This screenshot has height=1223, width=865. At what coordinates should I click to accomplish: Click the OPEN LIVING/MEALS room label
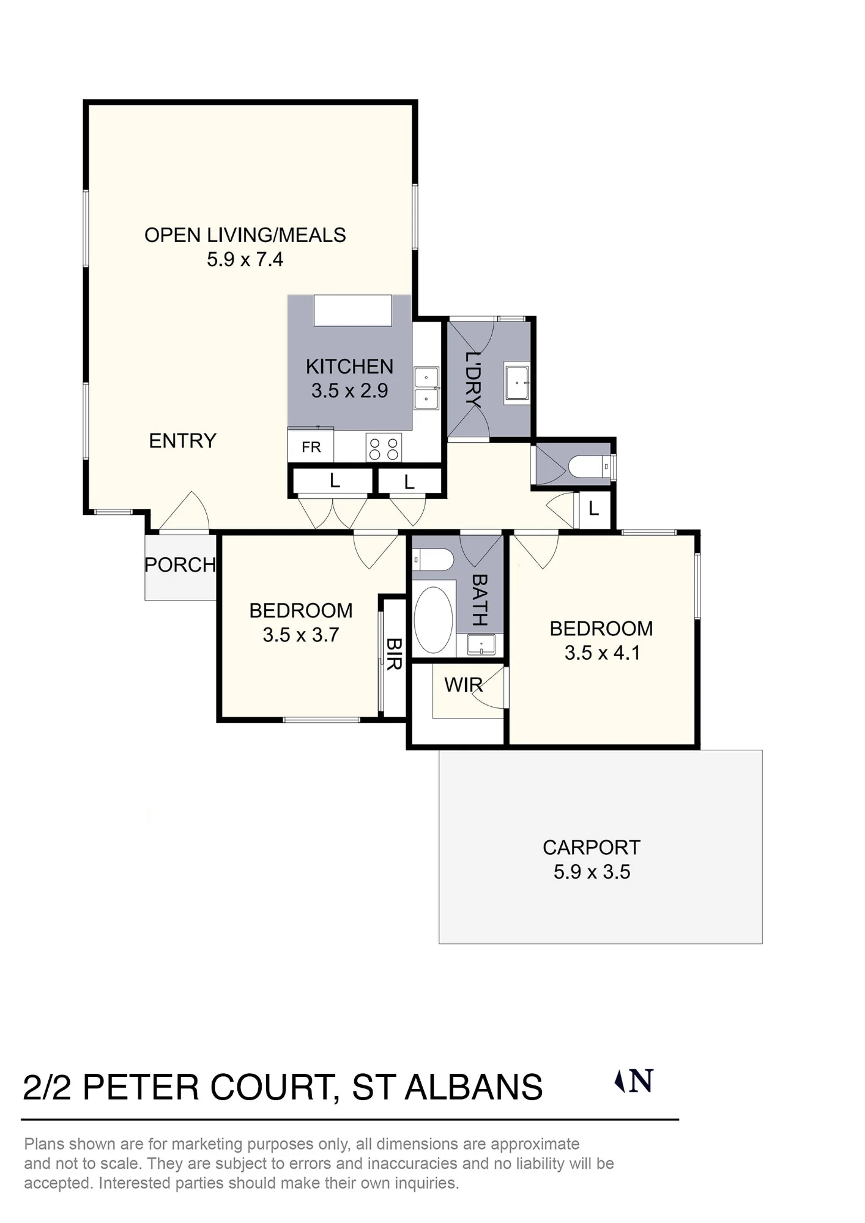(x=245, y=235)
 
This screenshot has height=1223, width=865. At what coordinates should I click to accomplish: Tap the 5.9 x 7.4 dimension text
(x=245, y=259)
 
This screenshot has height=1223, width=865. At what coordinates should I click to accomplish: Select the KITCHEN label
(x=349, y=366)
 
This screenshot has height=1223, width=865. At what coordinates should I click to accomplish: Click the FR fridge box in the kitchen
(x=311, y=447)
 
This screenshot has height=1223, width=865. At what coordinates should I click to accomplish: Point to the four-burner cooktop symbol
(x=384, y=448)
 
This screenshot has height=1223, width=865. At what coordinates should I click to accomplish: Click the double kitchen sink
(x=426, y=388)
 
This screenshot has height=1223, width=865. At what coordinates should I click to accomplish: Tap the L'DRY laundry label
(x=473, y=379)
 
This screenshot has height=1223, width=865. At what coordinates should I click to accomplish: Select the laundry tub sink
(x=517, y=383)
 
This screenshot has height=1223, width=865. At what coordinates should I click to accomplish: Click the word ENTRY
(x=182, y=440)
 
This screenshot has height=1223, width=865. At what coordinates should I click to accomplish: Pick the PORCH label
(x=180, y=564)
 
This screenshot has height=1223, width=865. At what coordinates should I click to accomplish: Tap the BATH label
(x=480, y=600)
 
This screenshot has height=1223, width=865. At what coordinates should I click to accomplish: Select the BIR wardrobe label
(x=394, y=654)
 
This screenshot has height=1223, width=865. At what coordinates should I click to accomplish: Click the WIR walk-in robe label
(x=464, y=685)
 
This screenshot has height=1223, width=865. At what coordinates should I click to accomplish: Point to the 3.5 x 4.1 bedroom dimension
(x=602, y=652)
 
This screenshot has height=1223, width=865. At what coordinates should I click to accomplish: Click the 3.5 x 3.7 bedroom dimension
(x=300, y=635)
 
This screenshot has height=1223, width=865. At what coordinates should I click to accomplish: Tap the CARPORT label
(x=591, y=848)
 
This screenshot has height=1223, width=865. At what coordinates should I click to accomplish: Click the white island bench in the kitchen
(x=353, y=311)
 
